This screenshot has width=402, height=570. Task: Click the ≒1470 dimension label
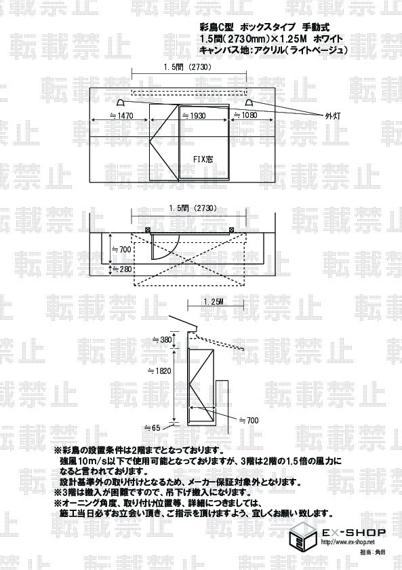[121, 115]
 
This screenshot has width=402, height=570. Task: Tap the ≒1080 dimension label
[245, 115]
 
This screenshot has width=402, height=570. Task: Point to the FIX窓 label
[203, 159]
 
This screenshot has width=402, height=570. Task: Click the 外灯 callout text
[332, 116]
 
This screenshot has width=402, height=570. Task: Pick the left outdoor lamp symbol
[121, 102]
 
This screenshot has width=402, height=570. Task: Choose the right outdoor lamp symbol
[249, 102]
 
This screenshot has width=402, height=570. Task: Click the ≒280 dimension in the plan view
[121, 269]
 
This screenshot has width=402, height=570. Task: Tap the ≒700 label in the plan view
[121, 250]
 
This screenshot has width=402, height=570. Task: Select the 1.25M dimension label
[213, 302]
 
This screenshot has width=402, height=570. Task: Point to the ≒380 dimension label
[161, 340]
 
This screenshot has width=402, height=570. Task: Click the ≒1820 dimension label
[159, 370]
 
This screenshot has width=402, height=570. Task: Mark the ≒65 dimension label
[153, 428]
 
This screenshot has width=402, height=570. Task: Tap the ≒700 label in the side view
[249, 421]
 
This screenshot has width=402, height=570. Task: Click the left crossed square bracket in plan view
[148, 230]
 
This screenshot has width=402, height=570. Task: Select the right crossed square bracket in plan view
[232, 230]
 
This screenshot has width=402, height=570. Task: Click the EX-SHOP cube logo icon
[304, 537]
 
